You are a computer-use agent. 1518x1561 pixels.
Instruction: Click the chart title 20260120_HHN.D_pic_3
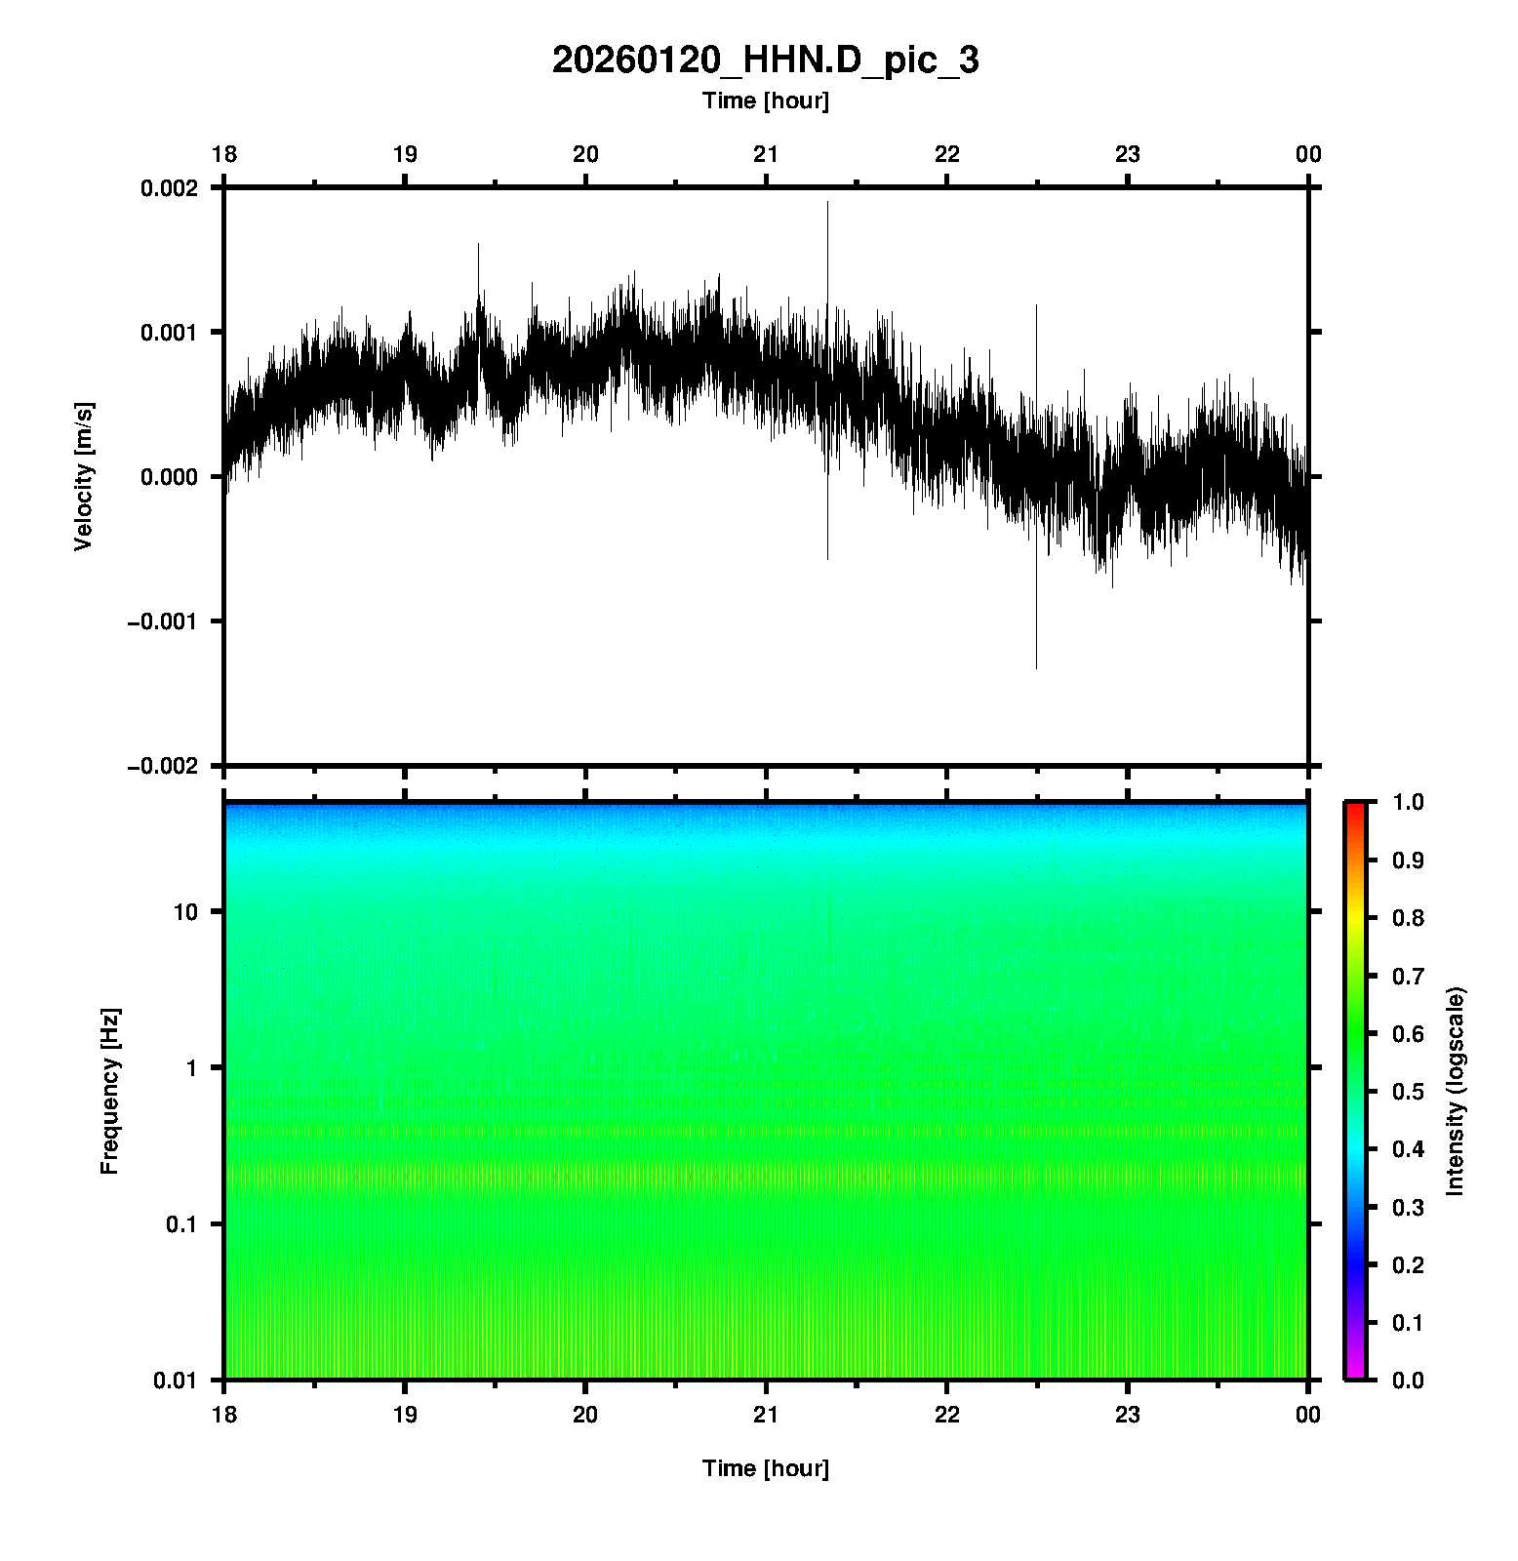(x=765, y=60)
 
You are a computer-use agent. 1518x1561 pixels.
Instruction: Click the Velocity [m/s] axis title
(x=84, y=476)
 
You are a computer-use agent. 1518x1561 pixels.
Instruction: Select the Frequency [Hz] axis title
(x=109, y=1091)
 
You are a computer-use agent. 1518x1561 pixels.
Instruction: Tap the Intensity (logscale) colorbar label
(x=1456, y=1091)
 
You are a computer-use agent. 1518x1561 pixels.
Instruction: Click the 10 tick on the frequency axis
(x=185, y=912)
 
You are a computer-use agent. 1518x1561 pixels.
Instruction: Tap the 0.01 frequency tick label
(x=176, y=1381)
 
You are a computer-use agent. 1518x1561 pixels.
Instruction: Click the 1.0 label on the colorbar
(x=1410, y=802)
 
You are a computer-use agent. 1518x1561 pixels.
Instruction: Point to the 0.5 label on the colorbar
(x=1410, y=1091)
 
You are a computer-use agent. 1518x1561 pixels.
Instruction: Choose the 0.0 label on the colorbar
(x=1410, y=1381)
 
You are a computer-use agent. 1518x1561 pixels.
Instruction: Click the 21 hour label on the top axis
(x=766, y=154)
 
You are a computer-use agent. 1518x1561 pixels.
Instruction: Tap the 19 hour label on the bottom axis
(x=405, y=1414)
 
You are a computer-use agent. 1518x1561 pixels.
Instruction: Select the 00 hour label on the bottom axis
(x=1308, y=1414)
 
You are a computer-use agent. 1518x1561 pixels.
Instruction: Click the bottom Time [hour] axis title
(x=765, y=1468)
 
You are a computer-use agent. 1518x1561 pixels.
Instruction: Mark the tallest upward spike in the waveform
(x=827, y=203)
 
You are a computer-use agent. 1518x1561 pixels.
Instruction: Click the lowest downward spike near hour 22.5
(x=1036, y=666)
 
